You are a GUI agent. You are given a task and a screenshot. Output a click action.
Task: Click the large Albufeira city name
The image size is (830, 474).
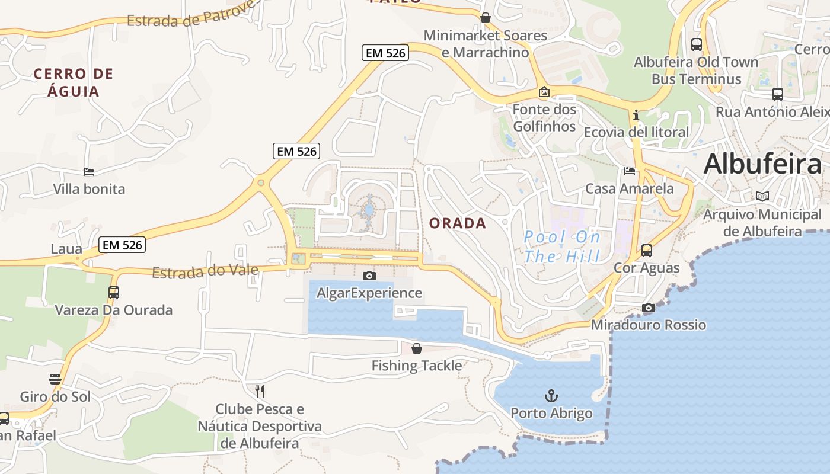(x=762, y=164)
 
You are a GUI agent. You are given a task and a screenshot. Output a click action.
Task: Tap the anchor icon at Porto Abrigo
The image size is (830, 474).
(x=551, y=395)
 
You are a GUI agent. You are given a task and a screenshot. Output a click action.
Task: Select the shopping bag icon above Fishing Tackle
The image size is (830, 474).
(x=417, y=348)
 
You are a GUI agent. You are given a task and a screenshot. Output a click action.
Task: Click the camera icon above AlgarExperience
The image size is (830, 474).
(x=369, y=276)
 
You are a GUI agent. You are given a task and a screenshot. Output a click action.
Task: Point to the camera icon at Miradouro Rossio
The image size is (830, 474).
(x=649, y=308)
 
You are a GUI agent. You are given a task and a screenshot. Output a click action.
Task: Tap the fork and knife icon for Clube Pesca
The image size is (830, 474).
(x=259, y=391)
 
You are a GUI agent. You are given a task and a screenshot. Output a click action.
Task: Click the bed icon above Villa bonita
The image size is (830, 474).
(x=89, y=172)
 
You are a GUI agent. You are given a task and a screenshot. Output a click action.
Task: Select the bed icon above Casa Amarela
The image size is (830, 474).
(x=630, y=171)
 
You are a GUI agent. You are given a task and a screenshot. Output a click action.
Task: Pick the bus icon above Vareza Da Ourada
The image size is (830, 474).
(x=113, y=292)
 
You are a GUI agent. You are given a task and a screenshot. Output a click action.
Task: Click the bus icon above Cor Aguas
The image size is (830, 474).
(x=647, y=250)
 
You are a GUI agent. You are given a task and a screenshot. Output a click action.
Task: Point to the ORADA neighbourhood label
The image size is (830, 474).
(x=457, y=223)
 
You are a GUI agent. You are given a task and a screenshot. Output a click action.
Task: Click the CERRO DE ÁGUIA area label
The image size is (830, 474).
(x=73, y=82)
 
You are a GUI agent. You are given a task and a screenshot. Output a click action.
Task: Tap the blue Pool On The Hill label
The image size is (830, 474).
(x=562, y=246)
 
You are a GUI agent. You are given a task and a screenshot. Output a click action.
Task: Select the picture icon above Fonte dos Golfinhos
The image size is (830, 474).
(x=544, y=92)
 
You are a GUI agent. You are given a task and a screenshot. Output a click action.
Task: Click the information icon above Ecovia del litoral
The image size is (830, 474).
(x=636, y=114)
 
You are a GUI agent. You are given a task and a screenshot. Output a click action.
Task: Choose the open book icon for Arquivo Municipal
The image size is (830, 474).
(x=762, y=196)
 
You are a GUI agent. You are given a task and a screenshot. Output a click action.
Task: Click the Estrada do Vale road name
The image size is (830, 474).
(x=205, y=271)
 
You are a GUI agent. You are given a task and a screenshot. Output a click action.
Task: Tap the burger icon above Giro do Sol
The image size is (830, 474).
(x=55, y=379)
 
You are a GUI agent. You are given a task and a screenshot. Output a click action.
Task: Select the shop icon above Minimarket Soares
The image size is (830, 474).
(x=486, y=18)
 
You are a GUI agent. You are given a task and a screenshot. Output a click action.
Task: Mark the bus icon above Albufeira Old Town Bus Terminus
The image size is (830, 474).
(x=697, y=44)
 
